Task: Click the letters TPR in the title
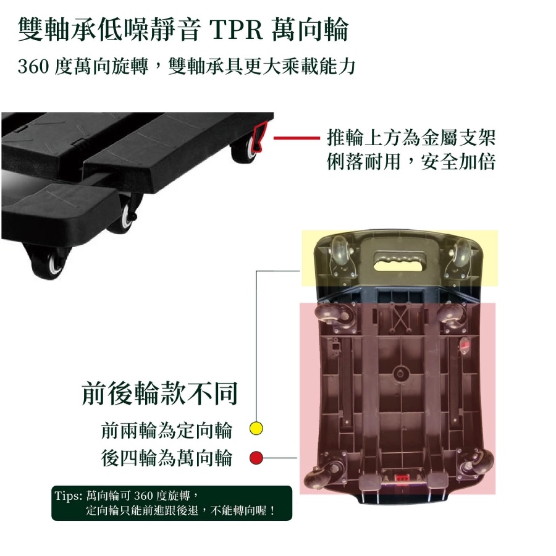[x=237, y=30]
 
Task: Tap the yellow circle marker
[x=256, y=428]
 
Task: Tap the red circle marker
[x=256, y=457]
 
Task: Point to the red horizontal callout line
[x=297, y=138]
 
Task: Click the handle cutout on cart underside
[x=400, y=260]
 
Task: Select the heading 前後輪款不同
[x=159, y=394]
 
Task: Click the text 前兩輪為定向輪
[x=166, y=430]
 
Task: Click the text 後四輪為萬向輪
[x=166, y=457]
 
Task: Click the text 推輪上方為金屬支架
[x=411, y=138]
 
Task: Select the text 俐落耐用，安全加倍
[x=411, y=162]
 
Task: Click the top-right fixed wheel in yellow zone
[x=461, y=254]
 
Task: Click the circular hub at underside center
[x=401, y=373]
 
